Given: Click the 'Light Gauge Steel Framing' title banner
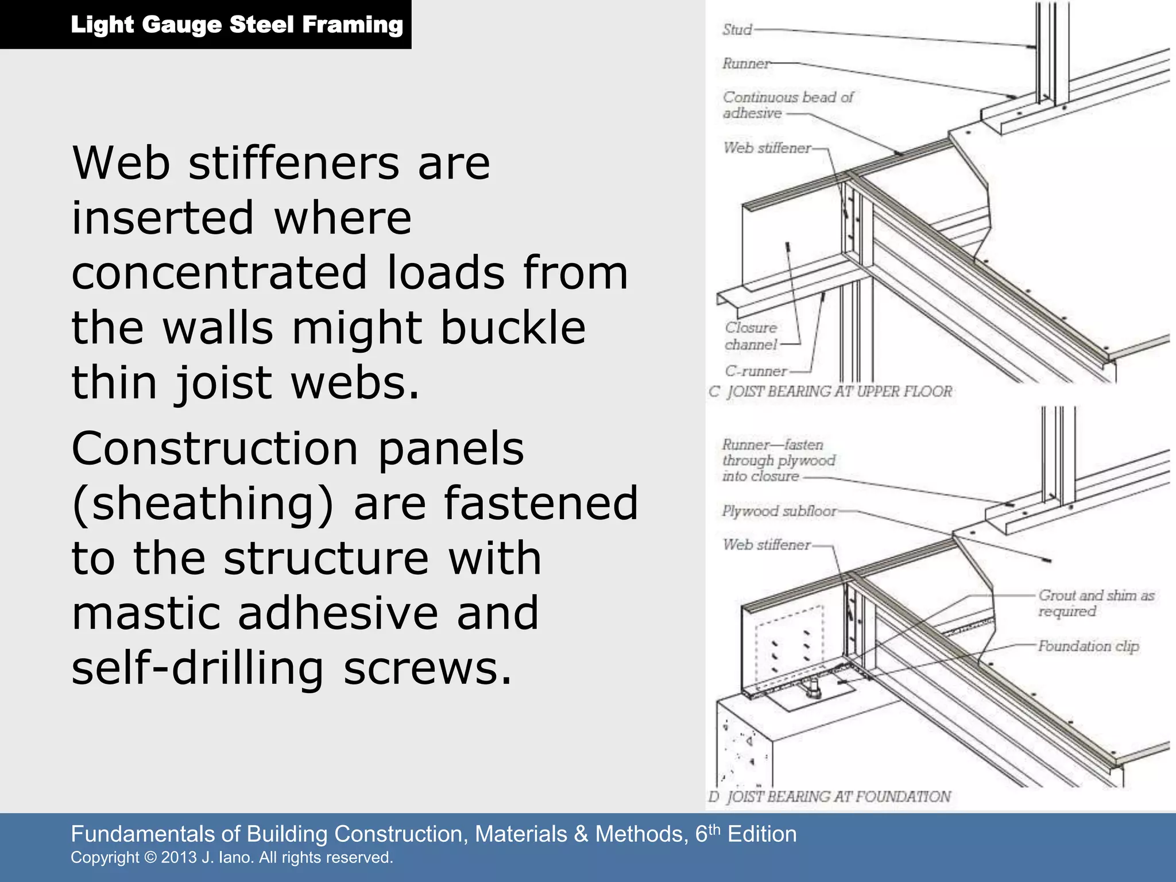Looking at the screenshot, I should coord(237,25).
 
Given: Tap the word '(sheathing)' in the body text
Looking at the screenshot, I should coord(203,504).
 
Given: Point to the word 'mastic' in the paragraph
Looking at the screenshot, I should coord(145,613).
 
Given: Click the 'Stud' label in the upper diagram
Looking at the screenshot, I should coord(737,30).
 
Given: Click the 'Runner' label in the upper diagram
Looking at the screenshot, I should coord(745,63).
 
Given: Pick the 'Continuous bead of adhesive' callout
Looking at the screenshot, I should coord(787,105).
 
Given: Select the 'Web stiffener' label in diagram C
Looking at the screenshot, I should coord(767,148).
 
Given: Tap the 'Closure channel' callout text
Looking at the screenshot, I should coord(751,336).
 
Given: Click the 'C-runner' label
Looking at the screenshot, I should coord(755,371).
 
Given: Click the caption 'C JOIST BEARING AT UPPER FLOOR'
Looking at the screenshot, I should coord(830,392).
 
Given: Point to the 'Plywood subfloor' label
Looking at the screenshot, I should coord(779,511).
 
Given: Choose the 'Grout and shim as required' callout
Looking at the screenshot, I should coord(1095,603).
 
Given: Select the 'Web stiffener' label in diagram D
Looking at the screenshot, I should coord(766,544).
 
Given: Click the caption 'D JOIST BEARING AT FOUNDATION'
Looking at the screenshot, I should coord(830,797).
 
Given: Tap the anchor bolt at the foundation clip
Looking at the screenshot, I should coord(810,688).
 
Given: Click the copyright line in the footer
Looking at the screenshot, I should coord(231,858).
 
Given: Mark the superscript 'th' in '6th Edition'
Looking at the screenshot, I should coord(714,829).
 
